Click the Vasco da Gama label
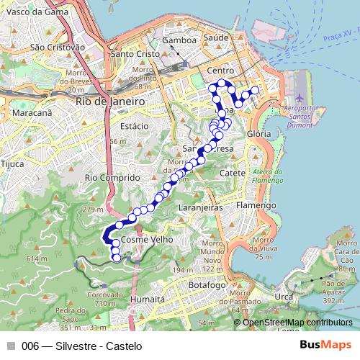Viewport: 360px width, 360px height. point(31,13)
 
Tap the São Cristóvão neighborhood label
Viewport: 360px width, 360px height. point(58,47)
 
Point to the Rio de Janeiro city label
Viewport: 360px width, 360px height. point(109,102)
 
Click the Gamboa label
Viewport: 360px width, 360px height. point(180,41)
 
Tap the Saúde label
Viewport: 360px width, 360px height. point(216,37)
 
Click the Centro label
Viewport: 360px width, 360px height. point(221,71)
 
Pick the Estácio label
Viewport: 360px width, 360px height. point(135,126)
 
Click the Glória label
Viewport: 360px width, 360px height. point(258,134)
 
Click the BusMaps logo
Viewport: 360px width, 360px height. point(325,345)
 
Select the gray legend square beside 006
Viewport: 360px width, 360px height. point(11,346)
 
